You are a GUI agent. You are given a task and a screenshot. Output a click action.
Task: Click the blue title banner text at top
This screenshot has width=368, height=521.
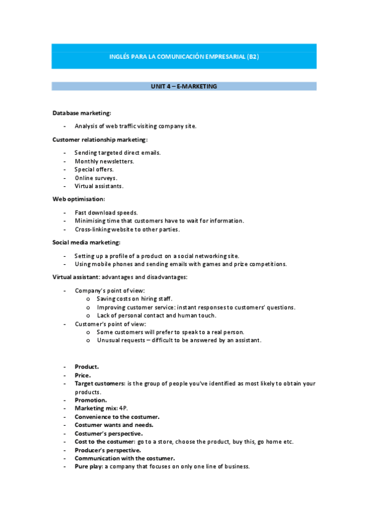[184, 57]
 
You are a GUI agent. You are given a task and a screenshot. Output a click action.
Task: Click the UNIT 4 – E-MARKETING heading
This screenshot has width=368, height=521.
[184, 87]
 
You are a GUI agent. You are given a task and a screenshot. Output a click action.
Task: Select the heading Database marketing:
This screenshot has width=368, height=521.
[82, 113]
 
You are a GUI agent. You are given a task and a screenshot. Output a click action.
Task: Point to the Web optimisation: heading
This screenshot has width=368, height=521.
[79, 199]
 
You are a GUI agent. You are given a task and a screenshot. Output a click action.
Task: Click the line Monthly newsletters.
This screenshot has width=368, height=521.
[104, 161]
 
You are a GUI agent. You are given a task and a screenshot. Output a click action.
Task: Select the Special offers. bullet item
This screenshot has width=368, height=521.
[94, 169]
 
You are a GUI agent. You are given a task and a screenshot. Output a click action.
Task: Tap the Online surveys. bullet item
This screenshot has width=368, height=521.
[96, 178]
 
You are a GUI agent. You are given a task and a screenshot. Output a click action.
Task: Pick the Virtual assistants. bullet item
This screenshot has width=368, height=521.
[99, 186]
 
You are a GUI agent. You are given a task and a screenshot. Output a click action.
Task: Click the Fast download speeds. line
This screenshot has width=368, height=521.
[106, 213]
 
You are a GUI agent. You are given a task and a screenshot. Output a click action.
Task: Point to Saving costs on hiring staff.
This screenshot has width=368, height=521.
[135, 299]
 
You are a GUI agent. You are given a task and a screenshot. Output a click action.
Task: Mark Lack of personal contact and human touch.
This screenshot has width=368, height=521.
[156, 315]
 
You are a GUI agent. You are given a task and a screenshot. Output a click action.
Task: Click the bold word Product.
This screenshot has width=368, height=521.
[87, 367]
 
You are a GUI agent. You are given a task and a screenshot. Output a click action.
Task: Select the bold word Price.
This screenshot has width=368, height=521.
[83, 375]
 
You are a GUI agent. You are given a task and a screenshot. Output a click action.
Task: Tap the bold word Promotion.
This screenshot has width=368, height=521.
[90, 400]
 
